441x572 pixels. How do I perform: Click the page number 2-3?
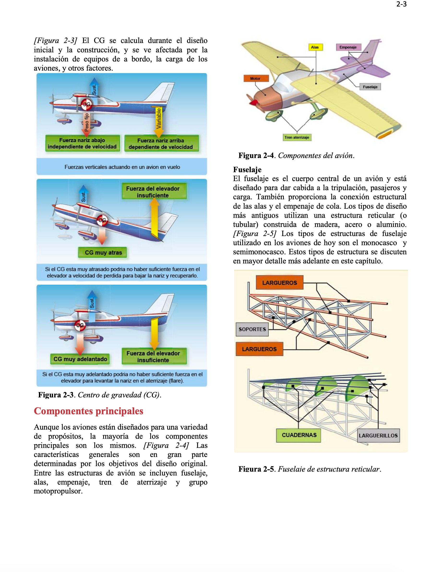(x=401, y=4)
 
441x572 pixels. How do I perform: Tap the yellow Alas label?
(x=315, y=47)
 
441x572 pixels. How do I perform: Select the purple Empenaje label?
(x=348, y=47)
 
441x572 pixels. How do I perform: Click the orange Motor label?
(x=256, y=78)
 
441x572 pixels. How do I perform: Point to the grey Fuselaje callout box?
(x=370, y=87)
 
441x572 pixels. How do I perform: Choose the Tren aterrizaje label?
(x=297, y=137)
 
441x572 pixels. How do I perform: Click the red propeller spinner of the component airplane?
(x=253, y=102)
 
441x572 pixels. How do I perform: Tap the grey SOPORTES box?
(x=252, y=329)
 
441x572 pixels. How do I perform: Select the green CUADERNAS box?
(x=299, y=435)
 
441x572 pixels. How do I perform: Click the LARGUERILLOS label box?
(x=378, y=435)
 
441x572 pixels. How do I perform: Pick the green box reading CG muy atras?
(x=103, y=252)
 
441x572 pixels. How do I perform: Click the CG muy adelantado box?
(x=80, y=359)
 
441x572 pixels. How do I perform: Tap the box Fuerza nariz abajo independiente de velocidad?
(x=82, y=143)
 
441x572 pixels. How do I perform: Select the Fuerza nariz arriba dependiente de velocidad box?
(x=161, y=144)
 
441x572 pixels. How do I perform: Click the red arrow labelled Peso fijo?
(x=87, y=123)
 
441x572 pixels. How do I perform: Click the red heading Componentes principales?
(x=89, y=411)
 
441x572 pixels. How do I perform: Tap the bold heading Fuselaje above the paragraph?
(x=247, y=170)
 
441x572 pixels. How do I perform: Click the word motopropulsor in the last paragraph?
(x=58, y=491)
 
